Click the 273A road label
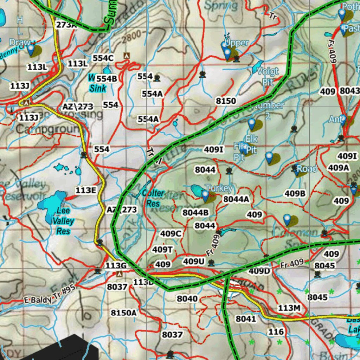pyautogui.click(x=66, y=25)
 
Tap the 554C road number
pyautogui.click(x=103, y=58)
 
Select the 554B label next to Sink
pyautogui.click(x=107, y=78)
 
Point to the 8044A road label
pyautogui.click(x=236, y=199)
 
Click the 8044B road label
pyautogui.click(x=195, y=213)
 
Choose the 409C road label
pyautogui.click(x=171, y=233)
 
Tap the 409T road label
pyautogui.click(x=163, y=250)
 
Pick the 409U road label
pyautogui.click(x=194, y=261)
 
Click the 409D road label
pyautogui.click(x=259, y=271)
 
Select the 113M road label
pyautogui.click(x=289, y=308)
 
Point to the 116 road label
pyautogui.click(x=276, y=332)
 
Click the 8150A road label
pyautogui.click(x=123, y=313)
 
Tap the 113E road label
pyautogui.click(x=86, y=191)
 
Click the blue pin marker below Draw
pyautogui.click(x=31, y=49)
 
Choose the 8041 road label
pyautogui.click(x=246, y=319)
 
